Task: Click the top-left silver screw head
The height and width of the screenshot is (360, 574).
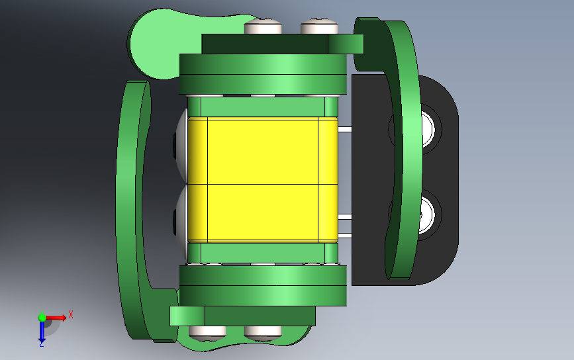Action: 263,27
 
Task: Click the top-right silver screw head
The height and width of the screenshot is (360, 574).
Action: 320,27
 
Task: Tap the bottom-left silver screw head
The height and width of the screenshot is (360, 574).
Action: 208,332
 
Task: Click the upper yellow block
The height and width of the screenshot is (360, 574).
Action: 263,151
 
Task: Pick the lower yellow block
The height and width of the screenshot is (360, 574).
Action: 263,212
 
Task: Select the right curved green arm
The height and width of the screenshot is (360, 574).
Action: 403,152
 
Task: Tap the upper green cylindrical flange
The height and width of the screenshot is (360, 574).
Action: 263,73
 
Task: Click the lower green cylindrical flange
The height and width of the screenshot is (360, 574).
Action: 263,286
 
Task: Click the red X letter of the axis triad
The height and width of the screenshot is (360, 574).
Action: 70,315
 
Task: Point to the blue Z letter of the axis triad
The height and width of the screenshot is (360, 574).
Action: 41,343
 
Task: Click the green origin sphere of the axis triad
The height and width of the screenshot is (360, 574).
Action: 42,318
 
